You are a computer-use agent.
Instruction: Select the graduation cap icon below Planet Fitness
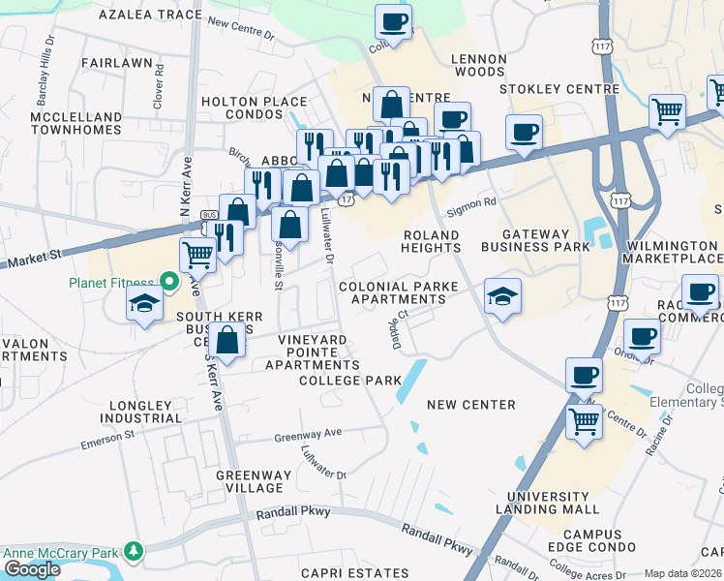tap(143, 304)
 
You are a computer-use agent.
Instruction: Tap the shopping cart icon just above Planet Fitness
tap(197, 256)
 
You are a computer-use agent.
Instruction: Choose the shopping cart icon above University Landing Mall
tap(584, 422)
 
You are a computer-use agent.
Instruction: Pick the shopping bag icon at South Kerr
tap(226, 342)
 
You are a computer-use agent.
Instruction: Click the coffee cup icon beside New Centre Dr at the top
tap(393, 22)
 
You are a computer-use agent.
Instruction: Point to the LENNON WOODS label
tap(478, 65)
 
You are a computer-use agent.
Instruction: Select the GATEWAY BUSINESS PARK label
tap(544, 241)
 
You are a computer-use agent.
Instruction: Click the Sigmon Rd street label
tap(471, 203)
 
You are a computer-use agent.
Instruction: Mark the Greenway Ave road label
tap(308, 435)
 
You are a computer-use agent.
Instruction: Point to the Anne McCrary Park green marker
tap(134, 553)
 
